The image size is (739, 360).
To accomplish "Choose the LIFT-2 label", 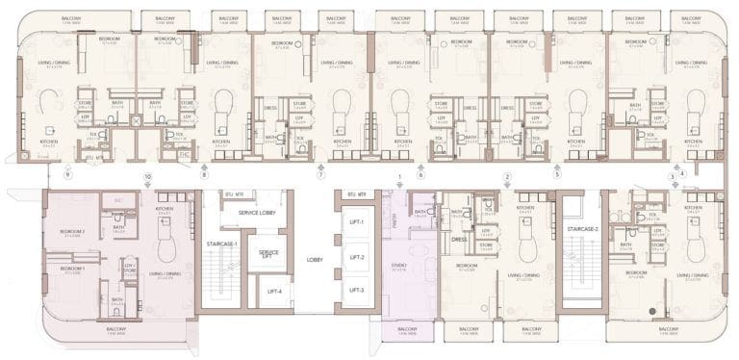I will [x=356, y=257].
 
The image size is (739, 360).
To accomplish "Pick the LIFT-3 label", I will [x=356, y=289].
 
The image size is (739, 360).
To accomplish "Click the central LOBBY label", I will [x=314, y=258].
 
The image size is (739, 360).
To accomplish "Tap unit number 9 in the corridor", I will [x=66, y=177].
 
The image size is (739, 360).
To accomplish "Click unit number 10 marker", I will [x=147, y=177].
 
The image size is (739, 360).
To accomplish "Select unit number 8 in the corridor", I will [x=204, y=177].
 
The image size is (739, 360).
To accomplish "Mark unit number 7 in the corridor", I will [x=321, y=177].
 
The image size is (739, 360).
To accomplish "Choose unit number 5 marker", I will [x=557, y=177].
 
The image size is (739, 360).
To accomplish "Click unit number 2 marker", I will [x=506, y=177].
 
